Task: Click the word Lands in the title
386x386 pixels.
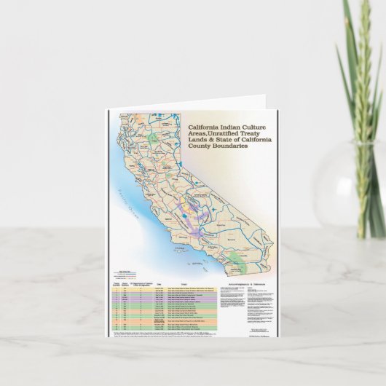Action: click(x=196, y=139)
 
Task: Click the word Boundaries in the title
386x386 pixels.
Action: click(x=229, y=146)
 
